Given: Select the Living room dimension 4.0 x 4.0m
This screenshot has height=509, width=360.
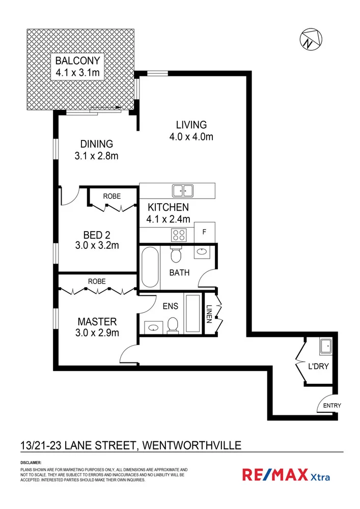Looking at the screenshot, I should coord(191,136).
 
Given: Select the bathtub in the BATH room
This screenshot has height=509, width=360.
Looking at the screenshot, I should coord(150,267).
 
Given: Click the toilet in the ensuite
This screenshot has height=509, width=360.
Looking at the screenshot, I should coord(173,325).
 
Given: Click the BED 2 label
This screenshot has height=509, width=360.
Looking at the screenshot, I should coord(97,235).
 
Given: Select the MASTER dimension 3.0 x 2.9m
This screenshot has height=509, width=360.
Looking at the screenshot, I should coord(97,333).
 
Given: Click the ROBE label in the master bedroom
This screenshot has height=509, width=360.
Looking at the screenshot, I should coord(97,281).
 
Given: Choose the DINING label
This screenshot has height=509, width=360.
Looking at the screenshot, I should coord(96,144).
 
